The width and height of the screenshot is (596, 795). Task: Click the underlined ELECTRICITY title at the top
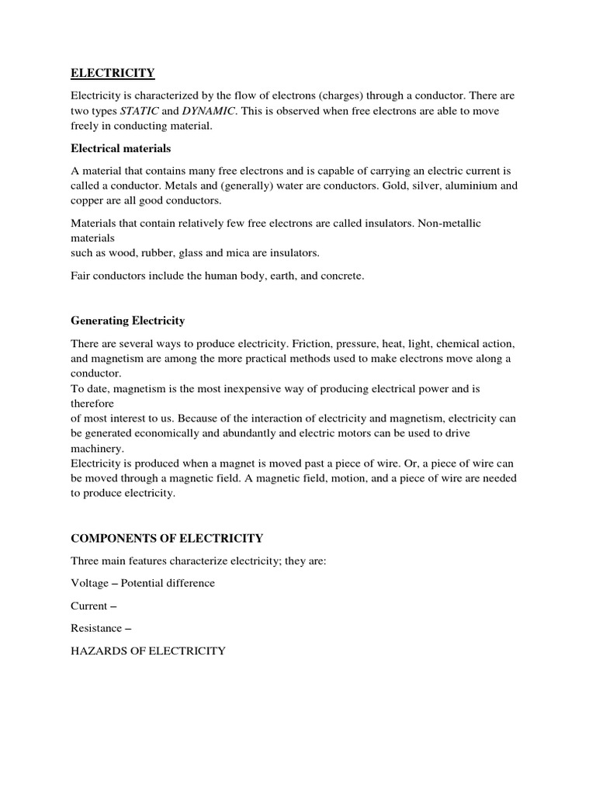(x=113, y=74)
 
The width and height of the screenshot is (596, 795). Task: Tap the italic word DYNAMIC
(x=209, y=111)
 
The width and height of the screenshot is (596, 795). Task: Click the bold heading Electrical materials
(x=121, y=148)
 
